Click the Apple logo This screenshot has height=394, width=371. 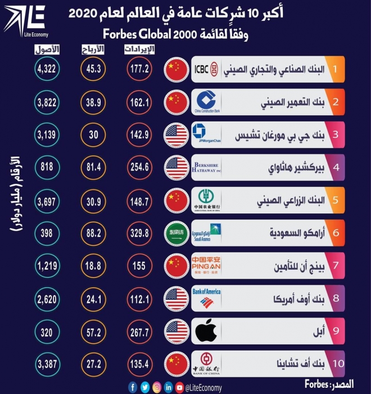(206, 331)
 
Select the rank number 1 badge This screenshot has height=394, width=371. (335, 69)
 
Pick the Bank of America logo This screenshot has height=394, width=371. (206, 298)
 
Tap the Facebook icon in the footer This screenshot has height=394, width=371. (133, 387)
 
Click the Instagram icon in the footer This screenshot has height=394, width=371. (156, 387)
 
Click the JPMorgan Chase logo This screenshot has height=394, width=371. (206, 135)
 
